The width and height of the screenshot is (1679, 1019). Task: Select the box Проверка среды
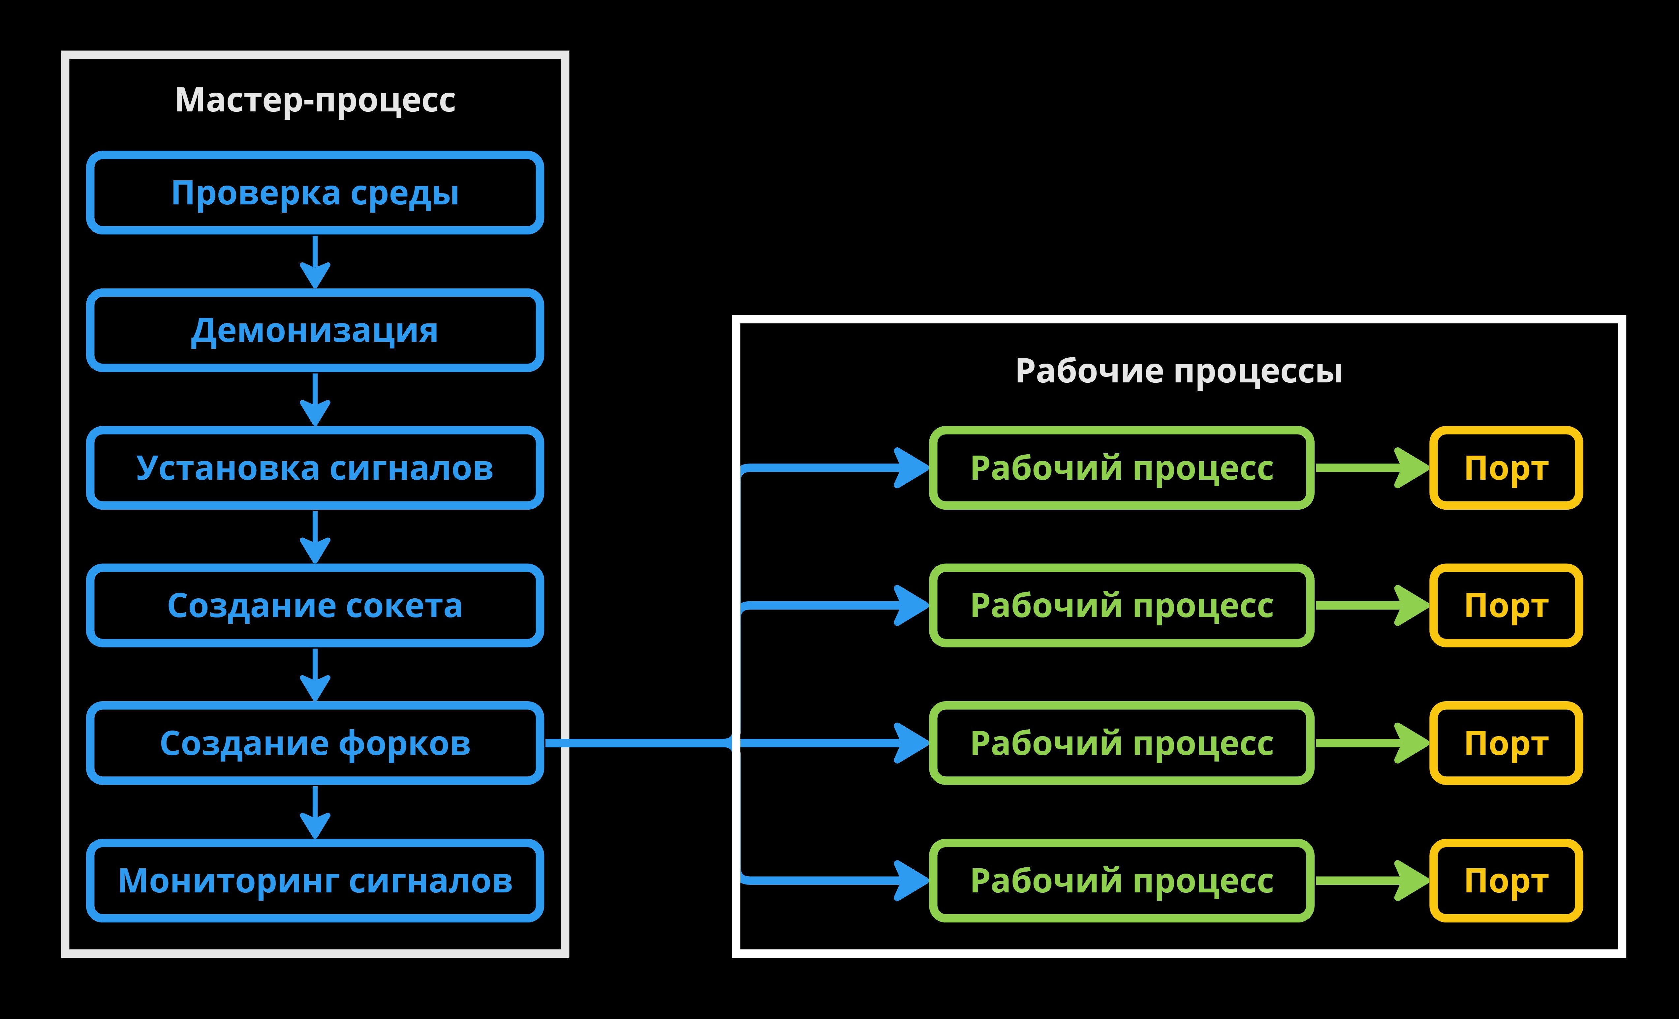tap(315, 193)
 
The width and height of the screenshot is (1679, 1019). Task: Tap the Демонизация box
tap(315, 330)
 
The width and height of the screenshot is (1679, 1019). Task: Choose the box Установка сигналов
tap(315, 468)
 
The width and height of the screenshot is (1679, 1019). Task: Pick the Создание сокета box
tap(315, 606)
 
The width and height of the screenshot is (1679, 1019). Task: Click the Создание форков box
tap(315, 743)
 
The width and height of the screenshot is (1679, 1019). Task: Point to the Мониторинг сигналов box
tap(315, 881)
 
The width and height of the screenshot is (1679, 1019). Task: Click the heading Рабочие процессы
tap(1178, 371)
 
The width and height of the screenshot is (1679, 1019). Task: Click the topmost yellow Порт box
tap(1506, 468)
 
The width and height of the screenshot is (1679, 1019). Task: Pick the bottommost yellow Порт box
tap(1506, 881)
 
